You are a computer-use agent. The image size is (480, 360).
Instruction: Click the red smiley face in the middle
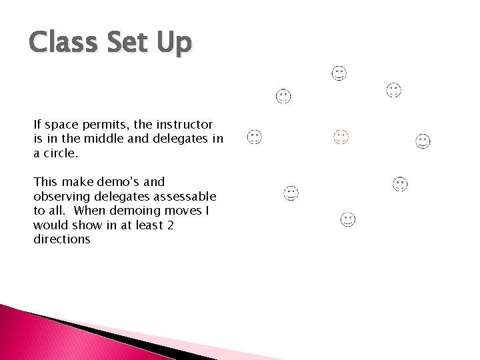[x=341, y=137]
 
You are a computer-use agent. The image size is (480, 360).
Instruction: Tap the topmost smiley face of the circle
[x=339, y=73]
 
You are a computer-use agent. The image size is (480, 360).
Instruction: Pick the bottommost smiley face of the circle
[x=347, y=219]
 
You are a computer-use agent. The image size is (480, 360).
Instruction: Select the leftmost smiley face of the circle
[x=254, y=137]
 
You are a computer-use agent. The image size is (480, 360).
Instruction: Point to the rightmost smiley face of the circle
[x=423, y=141]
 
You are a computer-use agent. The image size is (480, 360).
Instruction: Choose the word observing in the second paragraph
[x=60, y=197]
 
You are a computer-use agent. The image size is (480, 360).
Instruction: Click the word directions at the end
[x=61, y=239]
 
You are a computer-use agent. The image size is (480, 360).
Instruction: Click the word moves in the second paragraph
[x=179, y=211]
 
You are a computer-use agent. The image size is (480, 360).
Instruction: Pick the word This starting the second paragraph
[x=45, y=182]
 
